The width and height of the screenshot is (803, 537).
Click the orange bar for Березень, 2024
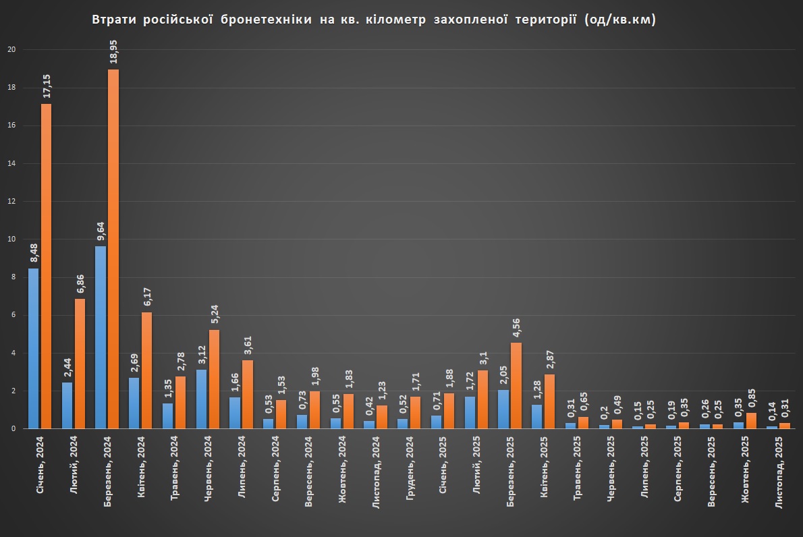tap(113, 249)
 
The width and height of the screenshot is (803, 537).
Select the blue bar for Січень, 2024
tap(33, 348)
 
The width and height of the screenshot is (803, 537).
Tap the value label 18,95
tap(113, 53)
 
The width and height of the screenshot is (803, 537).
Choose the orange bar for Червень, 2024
tap(214, 378)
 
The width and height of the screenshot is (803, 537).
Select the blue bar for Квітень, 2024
tap(134, 403)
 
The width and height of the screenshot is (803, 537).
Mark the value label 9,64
tap(101, 230)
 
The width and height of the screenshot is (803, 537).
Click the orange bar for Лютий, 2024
tap(80, 364)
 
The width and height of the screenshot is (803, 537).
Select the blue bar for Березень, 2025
tap(503, 409)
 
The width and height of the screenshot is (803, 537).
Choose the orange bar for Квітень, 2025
tap(549, 401)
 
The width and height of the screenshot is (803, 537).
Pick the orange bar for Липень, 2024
tap(248, 394)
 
